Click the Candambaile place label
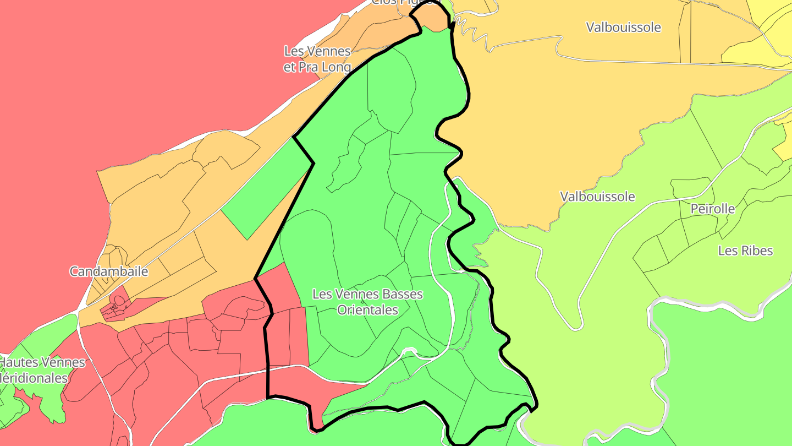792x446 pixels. (x=109, y=271)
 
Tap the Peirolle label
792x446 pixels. (x=713, y=209)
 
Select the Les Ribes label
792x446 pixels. (x=745, y=251)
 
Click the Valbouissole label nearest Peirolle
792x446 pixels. (x=597, y=197)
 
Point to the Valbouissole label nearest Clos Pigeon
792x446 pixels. (x=623, y=28)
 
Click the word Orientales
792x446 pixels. (x=367, y=310)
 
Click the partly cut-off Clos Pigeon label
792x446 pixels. (x=406, y=2)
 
